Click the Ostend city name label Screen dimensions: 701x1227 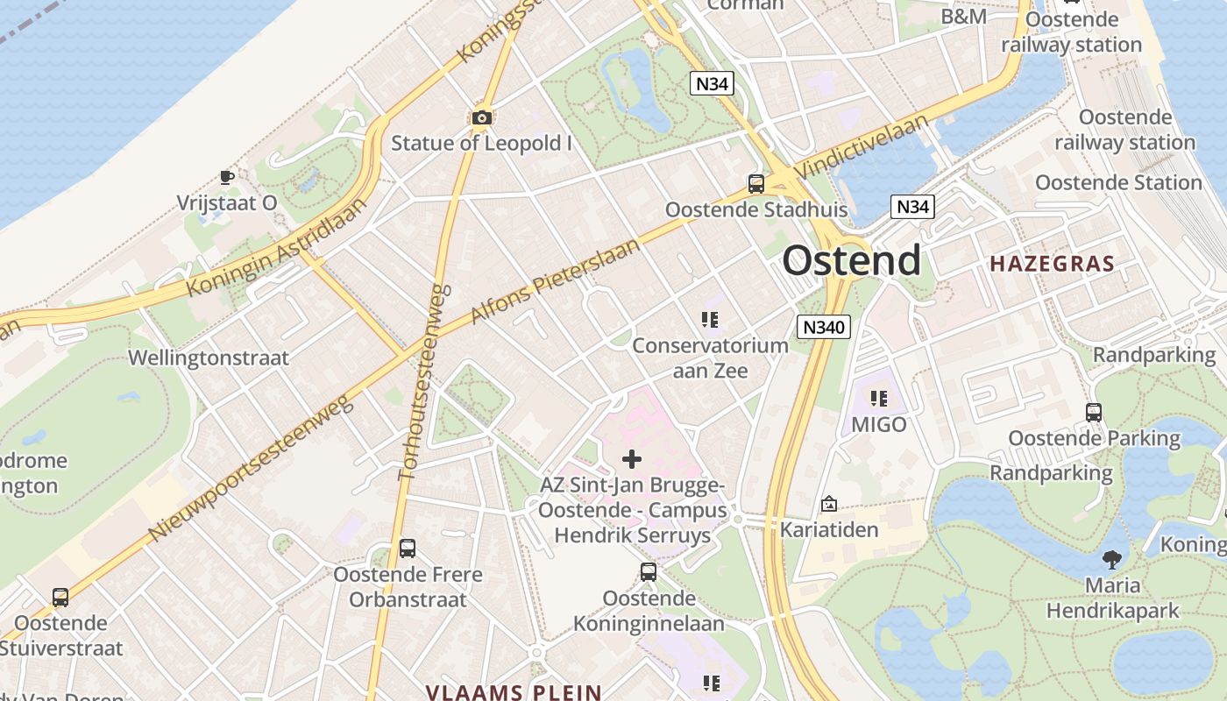coord(851,260)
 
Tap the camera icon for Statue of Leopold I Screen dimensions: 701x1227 coord(481,117)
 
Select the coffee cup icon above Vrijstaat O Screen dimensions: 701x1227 coord(226,178)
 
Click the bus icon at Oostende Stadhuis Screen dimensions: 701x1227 coord(755,184)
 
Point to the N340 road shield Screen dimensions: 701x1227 coord(824,328)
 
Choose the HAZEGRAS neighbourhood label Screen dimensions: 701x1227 coord(1052,263)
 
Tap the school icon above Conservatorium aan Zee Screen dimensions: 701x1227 coord(710,321)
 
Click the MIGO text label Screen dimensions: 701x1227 coord(879,425)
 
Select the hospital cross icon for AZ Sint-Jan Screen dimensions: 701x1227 coord(631,459)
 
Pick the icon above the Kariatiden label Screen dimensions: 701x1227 coord(828,504)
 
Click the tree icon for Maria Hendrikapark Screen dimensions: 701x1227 coord(1112,558)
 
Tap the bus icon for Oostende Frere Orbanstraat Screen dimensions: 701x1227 coord(407,549)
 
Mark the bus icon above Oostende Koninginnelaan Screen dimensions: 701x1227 coord(648,572)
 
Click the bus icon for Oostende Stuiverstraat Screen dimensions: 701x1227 coord(60,598)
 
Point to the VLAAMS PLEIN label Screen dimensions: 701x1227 coord(514,692)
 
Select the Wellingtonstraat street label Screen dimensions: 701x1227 coord(209,358)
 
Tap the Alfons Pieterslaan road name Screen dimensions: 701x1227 coord(555,281)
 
